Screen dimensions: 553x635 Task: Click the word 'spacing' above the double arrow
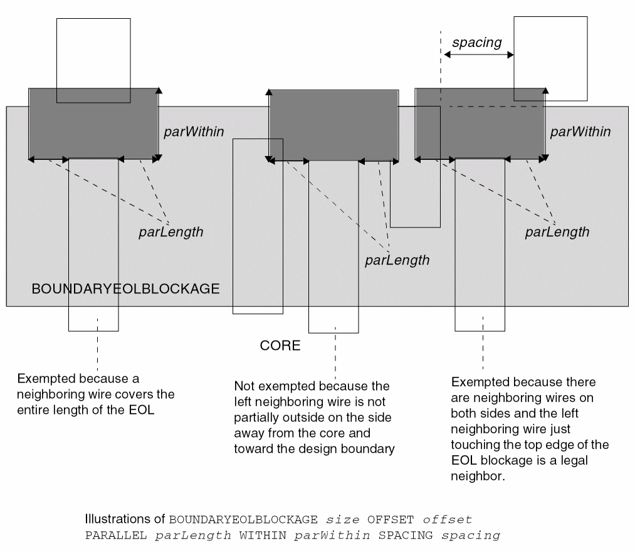(x=477, y=43)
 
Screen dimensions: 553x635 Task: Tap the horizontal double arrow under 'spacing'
(x=479, y=55)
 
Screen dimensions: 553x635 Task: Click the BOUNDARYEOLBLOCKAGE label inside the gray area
(x=125, y=289)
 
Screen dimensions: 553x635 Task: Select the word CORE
(x=280, y=345)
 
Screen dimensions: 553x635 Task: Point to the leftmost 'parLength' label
(x=171, y=232)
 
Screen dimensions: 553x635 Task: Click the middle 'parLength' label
(x=397, y=260)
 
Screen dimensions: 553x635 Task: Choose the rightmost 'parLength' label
(x=557, y=232)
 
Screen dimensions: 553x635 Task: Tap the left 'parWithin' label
(x=194, y=132)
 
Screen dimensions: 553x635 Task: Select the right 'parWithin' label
(x=580, y=132)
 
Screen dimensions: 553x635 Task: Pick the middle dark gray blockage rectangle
(x=333, y=125)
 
